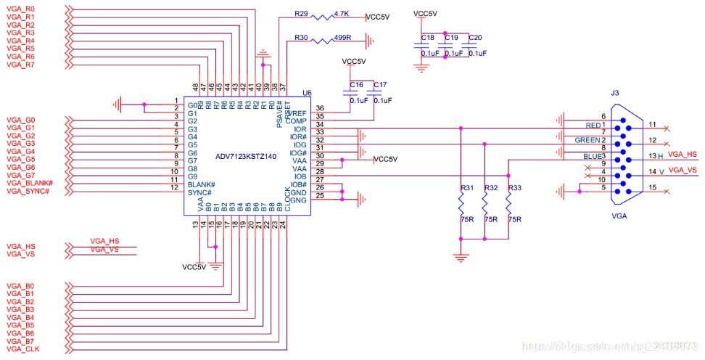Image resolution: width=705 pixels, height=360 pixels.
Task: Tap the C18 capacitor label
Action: (x=427, y=37)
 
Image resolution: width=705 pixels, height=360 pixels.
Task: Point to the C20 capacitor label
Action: (x=475, y=37)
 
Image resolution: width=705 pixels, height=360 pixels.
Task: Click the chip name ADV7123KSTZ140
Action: (x=247, y=157)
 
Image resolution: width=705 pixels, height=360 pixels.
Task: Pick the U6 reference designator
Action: (x=306, y=94)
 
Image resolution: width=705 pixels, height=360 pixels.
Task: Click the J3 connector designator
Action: (x=615, y=94)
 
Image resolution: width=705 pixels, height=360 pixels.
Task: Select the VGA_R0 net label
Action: (x=20, y=9)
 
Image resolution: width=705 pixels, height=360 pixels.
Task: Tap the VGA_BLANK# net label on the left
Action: (x=30, y=183)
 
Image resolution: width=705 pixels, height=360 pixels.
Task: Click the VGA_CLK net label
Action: (x=23, y=349)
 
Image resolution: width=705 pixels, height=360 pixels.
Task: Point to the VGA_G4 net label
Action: (x=20, y=152)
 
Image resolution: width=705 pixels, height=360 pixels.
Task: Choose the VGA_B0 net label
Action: (x=20, y=286)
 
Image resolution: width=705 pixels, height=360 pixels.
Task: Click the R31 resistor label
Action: (x=467, y=188)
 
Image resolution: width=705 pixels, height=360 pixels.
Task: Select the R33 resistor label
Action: (x=514, y=188)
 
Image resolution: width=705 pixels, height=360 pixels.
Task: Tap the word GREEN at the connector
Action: (x=587, y=140)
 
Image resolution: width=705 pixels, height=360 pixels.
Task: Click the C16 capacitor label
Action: (x=356, y=85)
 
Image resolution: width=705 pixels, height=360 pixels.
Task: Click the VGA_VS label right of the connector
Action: (x=682, y=170)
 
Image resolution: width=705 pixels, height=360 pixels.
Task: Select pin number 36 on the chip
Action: (x=319, y=108)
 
